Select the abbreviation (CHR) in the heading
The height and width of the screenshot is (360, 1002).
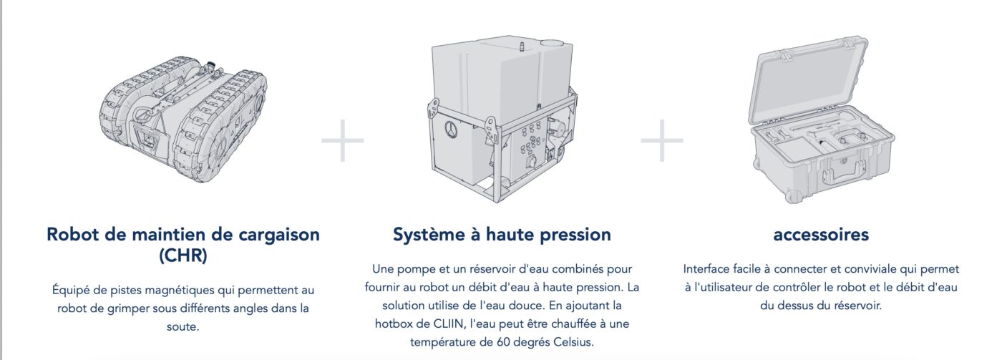[x=183, y=256]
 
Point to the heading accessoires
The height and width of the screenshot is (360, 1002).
[x=821, y=235]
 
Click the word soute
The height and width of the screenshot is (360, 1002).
[x=183, y=327]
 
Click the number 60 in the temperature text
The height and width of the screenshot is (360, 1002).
[x=503, y=342]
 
